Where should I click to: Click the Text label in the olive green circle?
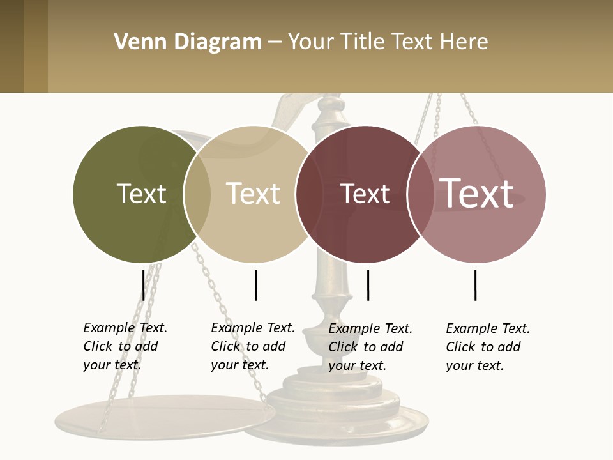[x=141, y=194]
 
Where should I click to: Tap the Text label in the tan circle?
[x=253, y=194]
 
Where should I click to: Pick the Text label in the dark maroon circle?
[x=365, y=194]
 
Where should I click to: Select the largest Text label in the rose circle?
[x=477, y=193]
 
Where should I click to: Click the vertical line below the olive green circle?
[x=144, y=285]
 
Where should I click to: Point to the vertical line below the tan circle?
[x=255, y=285]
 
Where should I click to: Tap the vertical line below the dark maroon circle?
[x=368, y=285]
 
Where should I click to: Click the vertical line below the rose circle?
[x=475, y=285]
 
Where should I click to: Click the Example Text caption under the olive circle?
[x=125, y=346]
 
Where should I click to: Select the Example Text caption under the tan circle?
[x=253, y=346]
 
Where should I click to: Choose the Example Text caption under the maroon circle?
[x=370, y=347]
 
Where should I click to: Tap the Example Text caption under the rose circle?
[x=488, y=347]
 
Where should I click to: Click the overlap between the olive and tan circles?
[x=197, y=194]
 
